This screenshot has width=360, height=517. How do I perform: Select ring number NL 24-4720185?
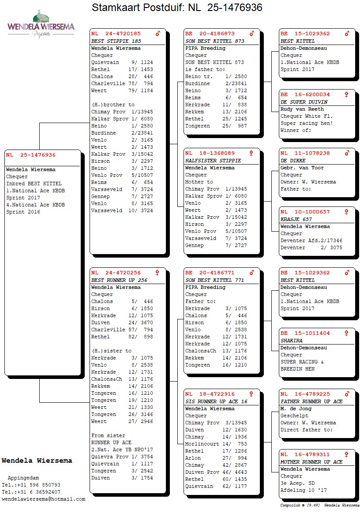pos(116,34)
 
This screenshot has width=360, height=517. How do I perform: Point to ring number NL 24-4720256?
pos(116,273)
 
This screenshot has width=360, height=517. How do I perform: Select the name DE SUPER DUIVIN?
pos(304,102)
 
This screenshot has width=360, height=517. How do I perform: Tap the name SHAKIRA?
pos(292,341)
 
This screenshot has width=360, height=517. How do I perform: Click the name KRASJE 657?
pos(296,219)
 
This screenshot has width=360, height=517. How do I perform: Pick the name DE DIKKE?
pos(293,161)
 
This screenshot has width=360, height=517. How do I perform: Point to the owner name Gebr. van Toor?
pos(302,168)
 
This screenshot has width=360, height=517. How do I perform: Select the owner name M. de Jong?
pos(296,409)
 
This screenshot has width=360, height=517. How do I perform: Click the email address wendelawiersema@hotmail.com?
pos(43,499)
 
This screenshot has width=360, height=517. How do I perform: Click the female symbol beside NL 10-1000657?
pos(347,212)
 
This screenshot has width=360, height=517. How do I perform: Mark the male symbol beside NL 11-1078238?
pos(347,153)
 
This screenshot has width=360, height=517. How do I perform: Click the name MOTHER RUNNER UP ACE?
pos(311,462)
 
